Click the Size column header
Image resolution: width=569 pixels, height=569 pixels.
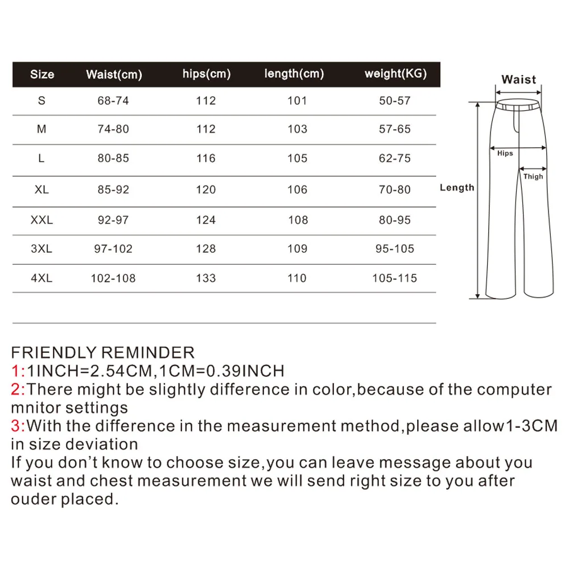[42, 74]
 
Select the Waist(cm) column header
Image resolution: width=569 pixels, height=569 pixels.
[114, 74]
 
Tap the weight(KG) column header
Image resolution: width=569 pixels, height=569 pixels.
[395, 73]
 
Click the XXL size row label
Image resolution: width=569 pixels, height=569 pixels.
[42, 220]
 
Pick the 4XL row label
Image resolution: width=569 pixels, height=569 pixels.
[42, 278]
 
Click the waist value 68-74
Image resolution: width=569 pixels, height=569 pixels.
[113, 101]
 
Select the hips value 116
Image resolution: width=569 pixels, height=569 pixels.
[206, 158]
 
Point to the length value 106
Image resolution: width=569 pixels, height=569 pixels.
[297, 189]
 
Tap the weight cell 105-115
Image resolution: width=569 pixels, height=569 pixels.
[395, 278]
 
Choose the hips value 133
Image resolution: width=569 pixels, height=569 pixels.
[206, 278]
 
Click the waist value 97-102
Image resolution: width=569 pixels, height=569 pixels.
[113, 249]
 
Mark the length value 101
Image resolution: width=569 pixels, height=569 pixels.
[297, 101]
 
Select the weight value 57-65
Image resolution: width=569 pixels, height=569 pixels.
[395, 129]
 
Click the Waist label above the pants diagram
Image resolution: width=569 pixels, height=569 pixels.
[518, 80]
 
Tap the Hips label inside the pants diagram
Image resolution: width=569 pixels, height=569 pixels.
[505, 154]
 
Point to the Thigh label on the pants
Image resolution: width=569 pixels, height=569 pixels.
[533, 176]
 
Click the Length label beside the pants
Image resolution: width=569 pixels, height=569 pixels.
[457, 188]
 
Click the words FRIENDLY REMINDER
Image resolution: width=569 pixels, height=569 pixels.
[102, 353]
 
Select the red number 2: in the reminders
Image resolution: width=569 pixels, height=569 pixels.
[18, 390]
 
